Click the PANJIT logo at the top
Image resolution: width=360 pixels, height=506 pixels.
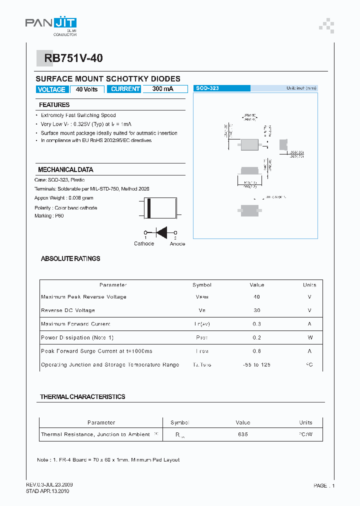pos(50,23)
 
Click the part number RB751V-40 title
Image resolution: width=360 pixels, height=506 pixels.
pos(73,58)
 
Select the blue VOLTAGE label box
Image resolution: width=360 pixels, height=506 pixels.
pos(51,89)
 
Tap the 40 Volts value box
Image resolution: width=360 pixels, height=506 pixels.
pos(87,89)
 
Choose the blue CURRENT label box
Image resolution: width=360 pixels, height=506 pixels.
pos(125,89)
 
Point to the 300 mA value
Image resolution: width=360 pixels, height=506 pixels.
pos(162,89)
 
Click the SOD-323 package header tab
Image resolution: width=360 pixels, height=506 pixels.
pos(221,88)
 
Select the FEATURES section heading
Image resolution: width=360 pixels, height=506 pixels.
pos(54,105)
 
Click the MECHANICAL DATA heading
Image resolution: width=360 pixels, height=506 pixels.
pos(65,170)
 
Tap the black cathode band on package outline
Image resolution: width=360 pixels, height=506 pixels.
pos(148,208)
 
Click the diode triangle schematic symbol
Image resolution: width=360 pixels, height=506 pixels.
pos(161,232)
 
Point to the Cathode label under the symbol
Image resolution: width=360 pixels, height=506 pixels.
pos(144,244)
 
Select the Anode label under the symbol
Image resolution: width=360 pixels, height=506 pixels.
pos(177,244)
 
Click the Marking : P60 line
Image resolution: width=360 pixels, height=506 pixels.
pos(49,216)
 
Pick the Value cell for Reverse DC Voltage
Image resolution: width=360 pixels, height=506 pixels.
pos(256,310)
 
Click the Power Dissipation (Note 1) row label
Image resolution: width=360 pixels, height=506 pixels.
pos(77,337)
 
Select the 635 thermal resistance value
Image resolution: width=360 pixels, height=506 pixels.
pos(243,434)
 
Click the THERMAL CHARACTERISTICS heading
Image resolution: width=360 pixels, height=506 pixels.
pos(82,396)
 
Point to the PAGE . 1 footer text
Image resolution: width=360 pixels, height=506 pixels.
pos(324,485)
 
